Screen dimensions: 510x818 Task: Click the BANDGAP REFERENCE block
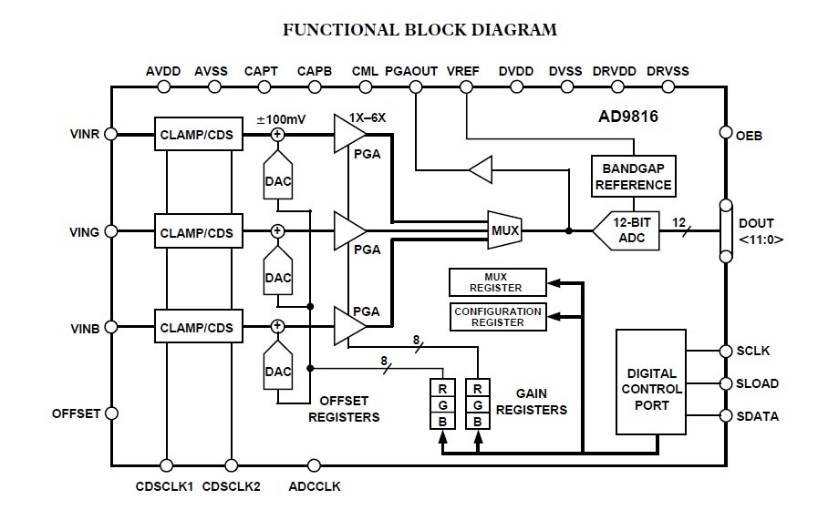[633, 176]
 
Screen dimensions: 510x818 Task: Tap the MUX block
[503, 231]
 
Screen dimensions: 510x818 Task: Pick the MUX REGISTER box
[497, 282]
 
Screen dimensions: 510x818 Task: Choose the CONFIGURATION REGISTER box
[497, 316]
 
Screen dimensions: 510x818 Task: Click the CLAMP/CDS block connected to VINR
[197, 136]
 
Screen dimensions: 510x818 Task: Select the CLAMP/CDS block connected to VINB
[197, 327]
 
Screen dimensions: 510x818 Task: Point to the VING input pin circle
[111, 232]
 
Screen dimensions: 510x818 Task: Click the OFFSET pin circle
[111, 413]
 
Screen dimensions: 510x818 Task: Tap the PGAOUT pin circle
[416, 87]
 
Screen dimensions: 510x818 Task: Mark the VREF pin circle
[467, 87]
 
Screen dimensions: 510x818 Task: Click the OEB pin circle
[726, 134]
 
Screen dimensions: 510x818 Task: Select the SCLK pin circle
[726, 351]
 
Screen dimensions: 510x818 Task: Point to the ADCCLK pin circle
[314, 464]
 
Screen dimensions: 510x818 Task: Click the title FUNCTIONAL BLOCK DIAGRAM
[419, 30]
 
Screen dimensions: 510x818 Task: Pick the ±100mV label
[282, 119]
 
